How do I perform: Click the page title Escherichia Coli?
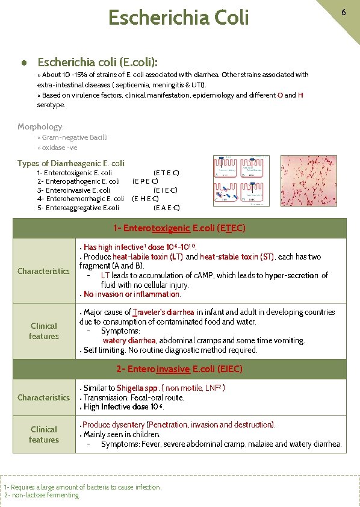pos(178,18)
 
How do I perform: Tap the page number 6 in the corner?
pos(343,12)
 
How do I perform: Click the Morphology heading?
pos(40,126)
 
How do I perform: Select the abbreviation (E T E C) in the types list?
pos(166,173)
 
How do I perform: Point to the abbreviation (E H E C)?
pos(145,199)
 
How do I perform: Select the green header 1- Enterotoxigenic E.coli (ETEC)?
pos(179,228)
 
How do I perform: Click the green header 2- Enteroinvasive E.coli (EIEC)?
pos(179,369)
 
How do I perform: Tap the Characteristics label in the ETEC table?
pos(43,271)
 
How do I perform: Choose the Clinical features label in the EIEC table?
pos(43,434)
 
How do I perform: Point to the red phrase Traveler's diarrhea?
pos(164,312)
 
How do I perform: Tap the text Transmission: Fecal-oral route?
pos(134,397)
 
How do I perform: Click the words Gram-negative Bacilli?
pos(75,137)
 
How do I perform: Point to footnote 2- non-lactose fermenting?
pos(42,495)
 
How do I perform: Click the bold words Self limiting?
pos(105,350)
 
